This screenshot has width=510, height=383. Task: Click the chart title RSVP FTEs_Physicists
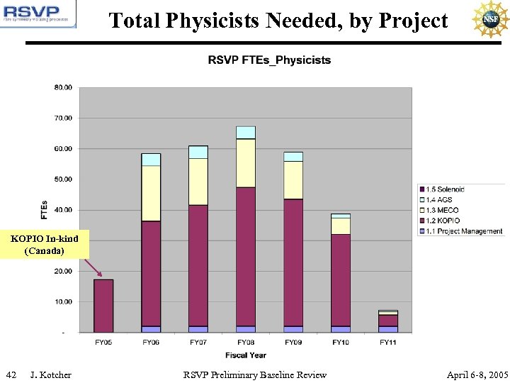pyautogui.click(x=269, y=60)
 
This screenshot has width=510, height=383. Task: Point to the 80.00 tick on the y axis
pyautogui.click(x=63, y=87)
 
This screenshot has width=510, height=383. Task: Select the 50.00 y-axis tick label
pyautogui.click(x=63, y=179)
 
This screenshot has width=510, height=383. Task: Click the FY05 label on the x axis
pyautogui.click(x=103, y=343)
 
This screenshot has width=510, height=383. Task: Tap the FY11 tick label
pyautogui.click(x=387, y=343)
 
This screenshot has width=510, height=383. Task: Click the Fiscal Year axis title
pyautogui.click(x=246, y=355)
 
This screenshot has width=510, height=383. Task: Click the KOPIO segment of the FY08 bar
pyautogui.click(x=246, y=255)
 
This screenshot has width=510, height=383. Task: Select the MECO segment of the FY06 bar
pyautogui.click(x=151, y=193)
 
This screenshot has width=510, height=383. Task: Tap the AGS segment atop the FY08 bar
pyautogui.click(x=246, y=133)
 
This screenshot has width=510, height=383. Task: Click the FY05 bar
pyautogui.click(x=103, y=305)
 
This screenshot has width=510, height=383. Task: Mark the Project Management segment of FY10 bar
pyautogui.click(x=341, y=329)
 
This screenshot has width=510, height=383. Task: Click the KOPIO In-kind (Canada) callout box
pyautogui.click(x=44, y=245)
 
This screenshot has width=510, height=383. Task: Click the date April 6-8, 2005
pyautogui.click(x=477, y=374)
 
